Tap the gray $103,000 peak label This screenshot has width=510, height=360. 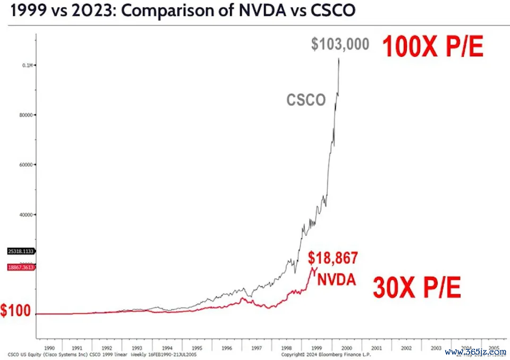coord(340,44)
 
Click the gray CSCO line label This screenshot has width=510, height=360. coord(306,99)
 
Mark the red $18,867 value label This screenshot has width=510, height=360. coord(333,258)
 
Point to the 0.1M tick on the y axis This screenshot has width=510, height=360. coord(27,65)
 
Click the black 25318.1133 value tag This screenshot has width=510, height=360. coord(21,251)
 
